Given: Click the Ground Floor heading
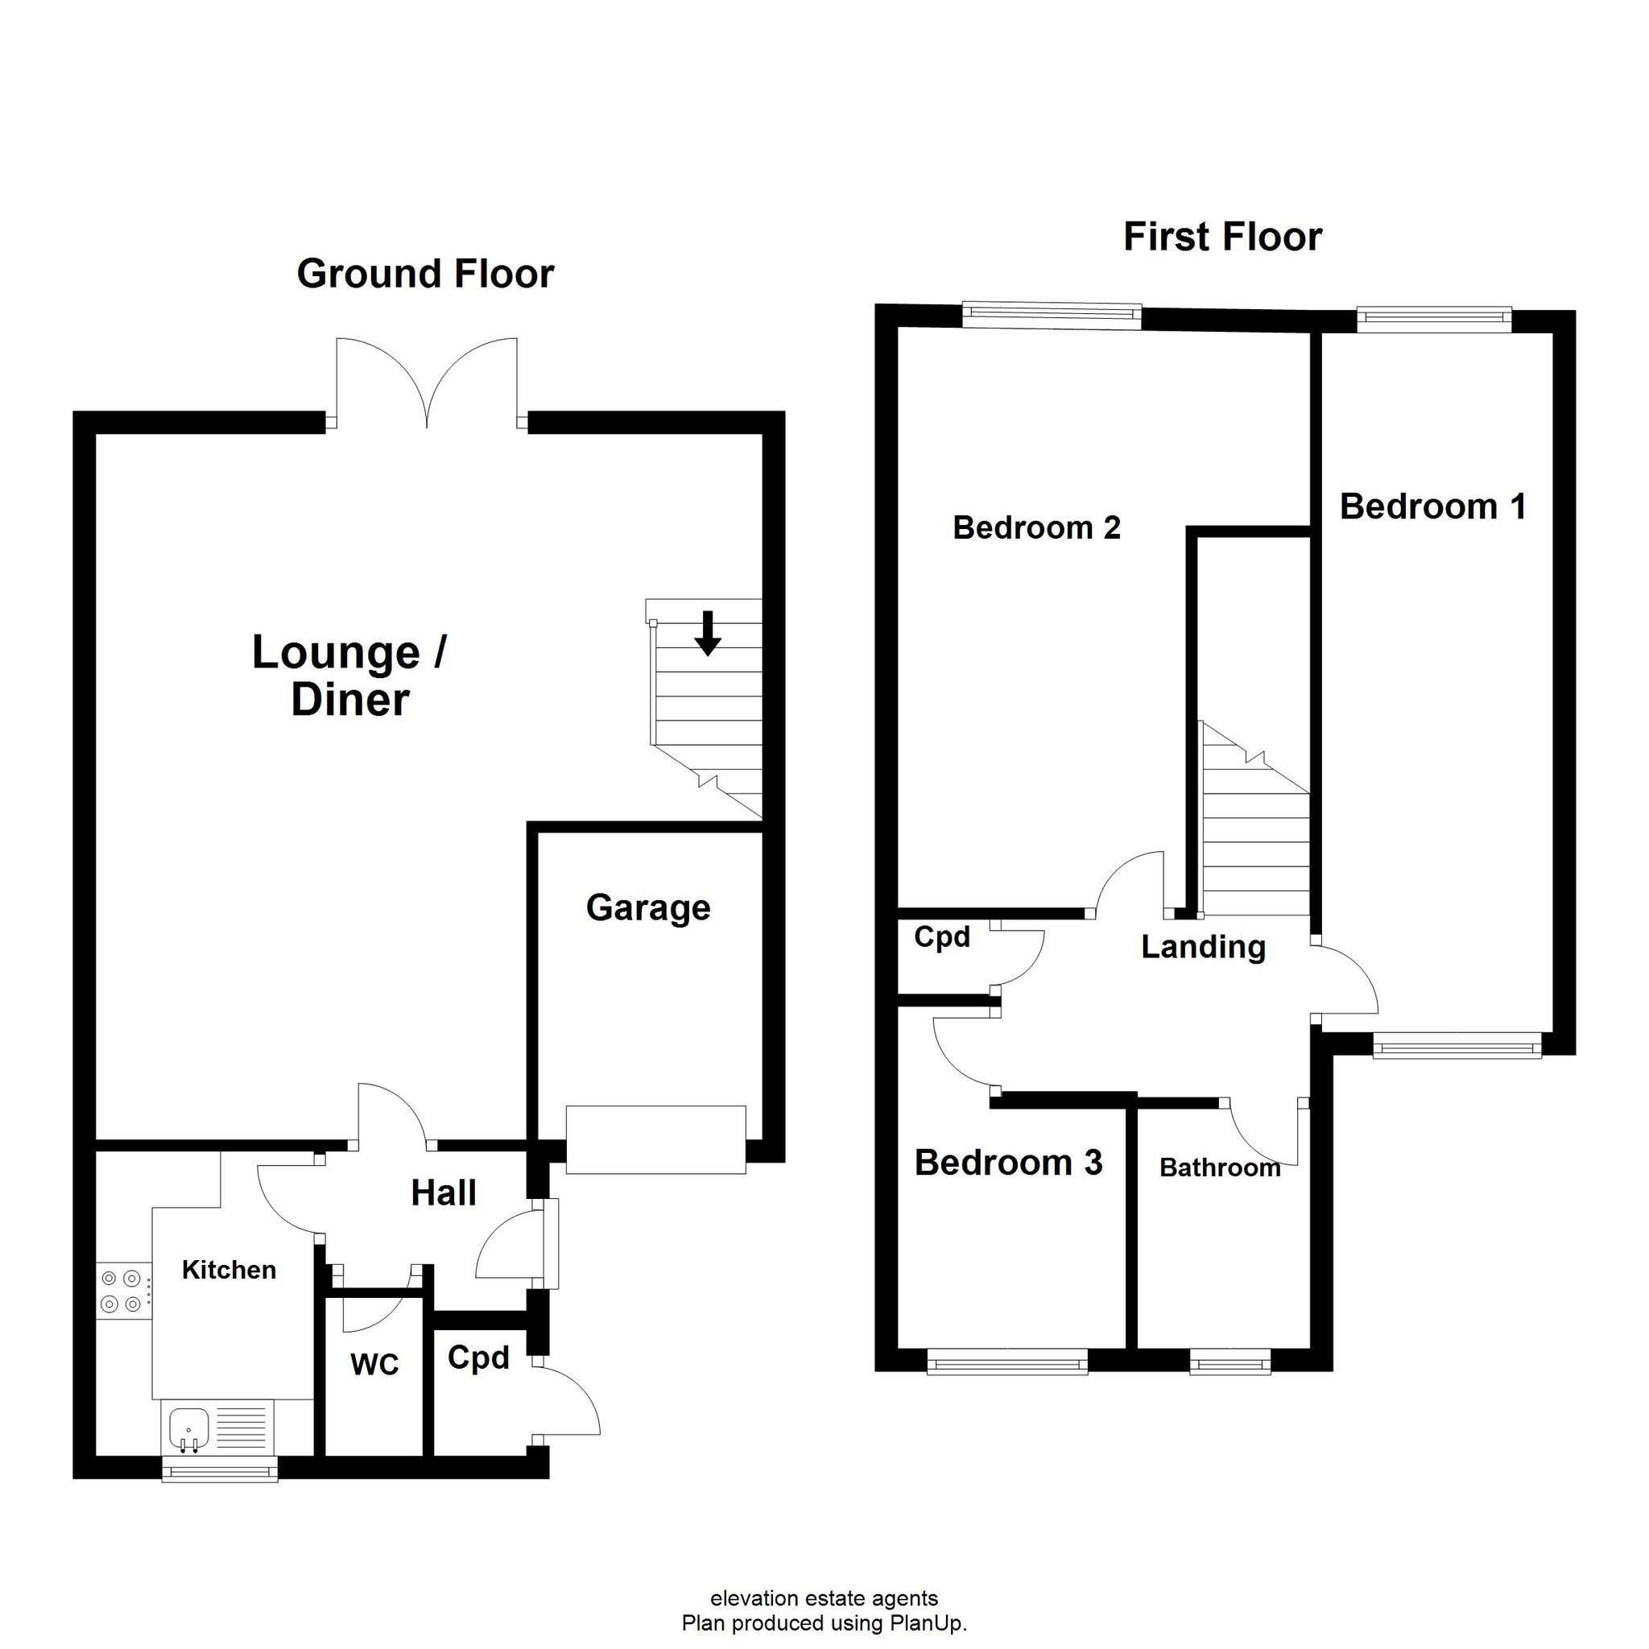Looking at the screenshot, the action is coord(425,275).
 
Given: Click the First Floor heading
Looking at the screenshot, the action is coord(1222,238).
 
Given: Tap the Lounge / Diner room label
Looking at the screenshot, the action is coord(350,676).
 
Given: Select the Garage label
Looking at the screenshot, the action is coord(648,908).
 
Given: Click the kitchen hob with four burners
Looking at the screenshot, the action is coord(122,1292).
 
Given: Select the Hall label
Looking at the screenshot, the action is coord(443,1193).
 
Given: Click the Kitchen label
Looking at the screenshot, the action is coord(229,1270).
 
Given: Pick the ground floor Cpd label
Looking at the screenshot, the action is coord(478,1359).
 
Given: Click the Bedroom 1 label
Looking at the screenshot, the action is coord(1433,506).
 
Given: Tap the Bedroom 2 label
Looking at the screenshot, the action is coord(1036,527).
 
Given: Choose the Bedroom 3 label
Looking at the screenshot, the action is coord(1008,1163).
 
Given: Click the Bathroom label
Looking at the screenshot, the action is coord(1220,1168).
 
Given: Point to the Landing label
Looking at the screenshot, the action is coord(1204,948).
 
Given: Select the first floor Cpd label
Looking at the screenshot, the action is coord(941,938).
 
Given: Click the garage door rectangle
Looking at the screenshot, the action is coord(655,1139).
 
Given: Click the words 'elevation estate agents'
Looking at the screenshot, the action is coord(824,1598).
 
